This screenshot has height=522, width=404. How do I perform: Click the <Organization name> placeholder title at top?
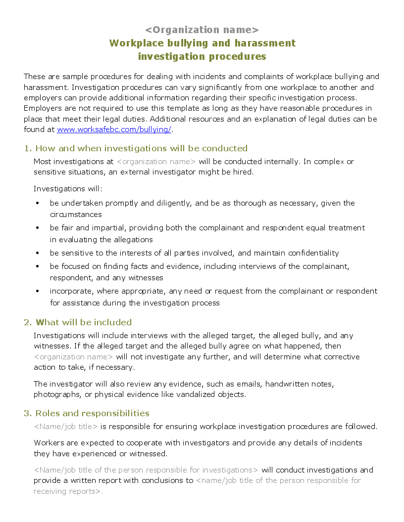point(202,30)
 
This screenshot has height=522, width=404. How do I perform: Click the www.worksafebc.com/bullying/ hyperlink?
point(114,130)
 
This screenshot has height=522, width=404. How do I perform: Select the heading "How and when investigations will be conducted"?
point(141,148)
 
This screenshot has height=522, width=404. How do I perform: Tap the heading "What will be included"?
point(83,322)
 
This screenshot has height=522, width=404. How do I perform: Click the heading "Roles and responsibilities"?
point(92,413)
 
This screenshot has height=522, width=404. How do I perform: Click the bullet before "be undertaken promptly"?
point(38,203)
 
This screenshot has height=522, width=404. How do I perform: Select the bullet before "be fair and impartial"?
point(38,228)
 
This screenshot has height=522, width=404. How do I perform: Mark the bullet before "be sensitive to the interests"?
point(38,253)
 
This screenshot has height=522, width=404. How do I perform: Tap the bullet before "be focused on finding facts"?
point(38,266)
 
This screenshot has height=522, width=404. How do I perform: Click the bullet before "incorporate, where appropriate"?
point(38,291)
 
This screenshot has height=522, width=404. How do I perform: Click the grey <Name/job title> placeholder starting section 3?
point(66,427)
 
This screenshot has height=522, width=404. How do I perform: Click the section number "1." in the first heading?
point(28,148)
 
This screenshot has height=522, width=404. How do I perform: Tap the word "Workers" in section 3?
point(49,442)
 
